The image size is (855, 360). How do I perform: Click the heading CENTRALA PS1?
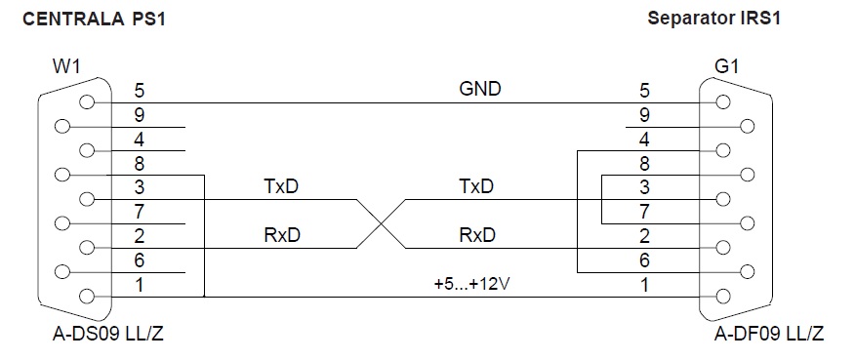click(x=94, y=20)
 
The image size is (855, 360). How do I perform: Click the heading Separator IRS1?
click(x=713, y=18)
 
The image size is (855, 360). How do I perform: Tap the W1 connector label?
click(x=66, y=67)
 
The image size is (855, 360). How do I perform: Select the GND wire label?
click(x=480, y=89)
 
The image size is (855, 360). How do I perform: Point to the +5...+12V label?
click(x=471, y=285)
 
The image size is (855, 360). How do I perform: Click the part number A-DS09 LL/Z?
click(x=108, y=333)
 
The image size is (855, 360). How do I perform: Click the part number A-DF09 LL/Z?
click(x=769, y=333)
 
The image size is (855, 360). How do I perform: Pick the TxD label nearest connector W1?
click(x=282, y=186)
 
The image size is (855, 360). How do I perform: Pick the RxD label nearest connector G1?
click(x=477, y=235)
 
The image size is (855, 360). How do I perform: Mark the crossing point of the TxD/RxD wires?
click(x=382, y=223)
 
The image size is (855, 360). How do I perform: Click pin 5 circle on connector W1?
click(x=86, y=102)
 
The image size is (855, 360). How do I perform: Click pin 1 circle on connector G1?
click(x=723, y=297)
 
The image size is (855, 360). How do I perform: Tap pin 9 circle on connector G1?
click(x=748, y=127)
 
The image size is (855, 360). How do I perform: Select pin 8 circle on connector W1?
click(x=62, y=175)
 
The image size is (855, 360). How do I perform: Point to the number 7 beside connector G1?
click(x=644, y=212)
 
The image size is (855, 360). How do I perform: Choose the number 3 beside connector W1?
click(x=140, y=187)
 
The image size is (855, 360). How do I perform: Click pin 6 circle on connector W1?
click(x=62, y=271)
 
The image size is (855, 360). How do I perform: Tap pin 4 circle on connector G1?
click(x=723, y=150)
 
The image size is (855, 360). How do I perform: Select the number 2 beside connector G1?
click(x=644, y=236)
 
